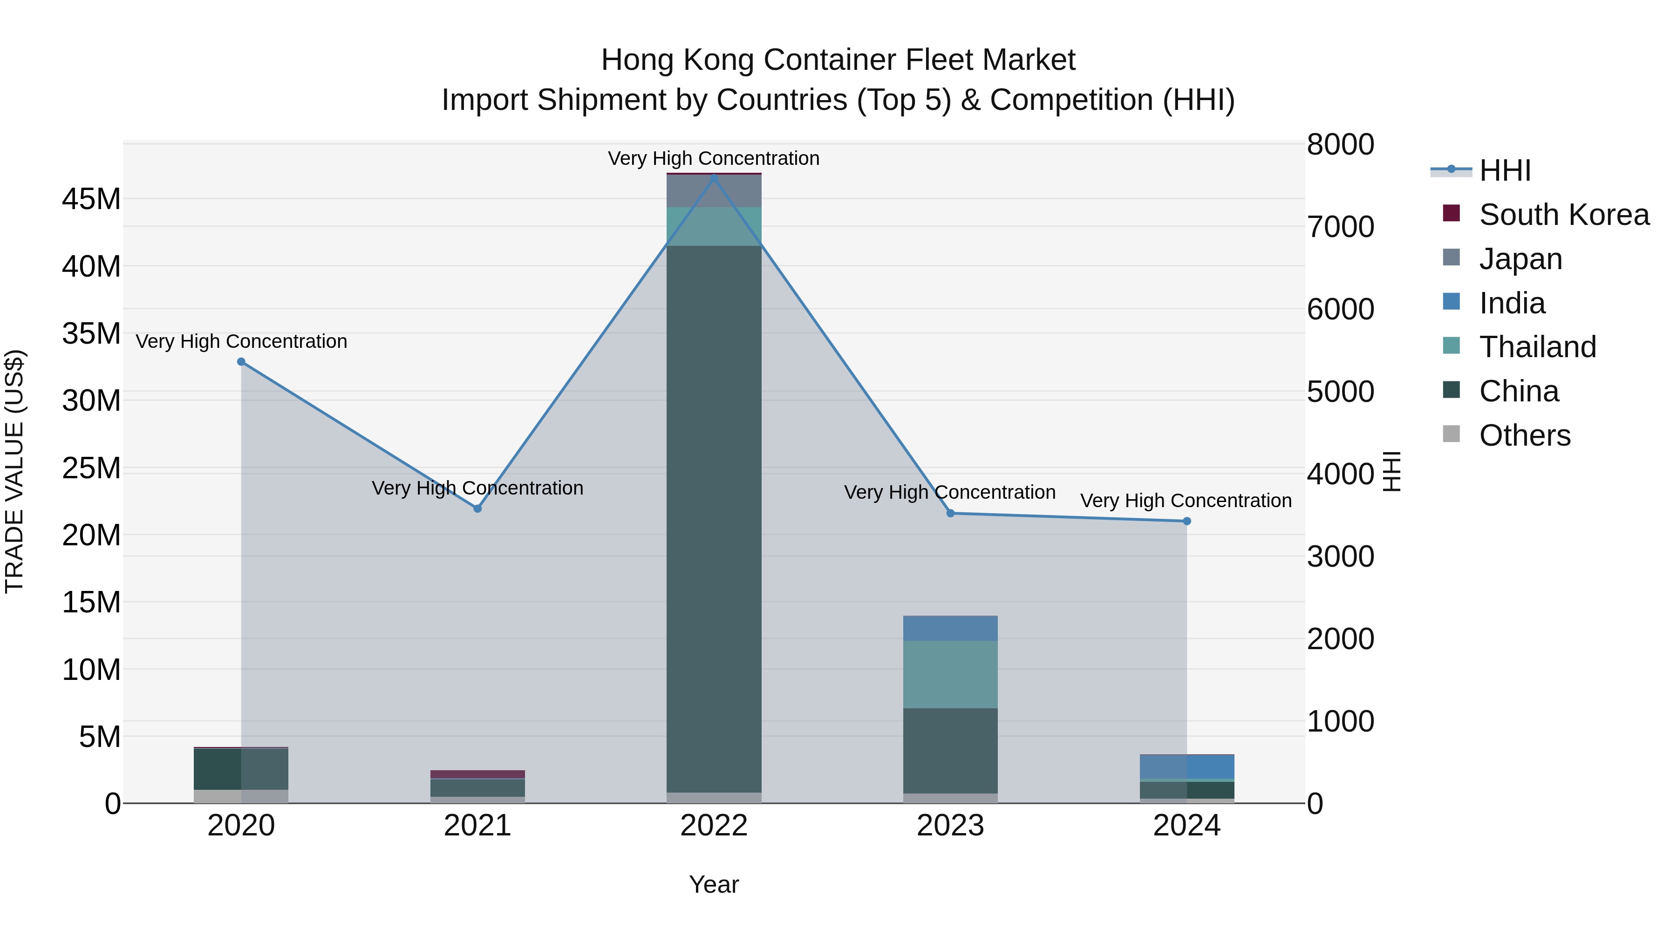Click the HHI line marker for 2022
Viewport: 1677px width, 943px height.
[714, 177]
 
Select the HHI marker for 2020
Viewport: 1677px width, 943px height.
[241, 362]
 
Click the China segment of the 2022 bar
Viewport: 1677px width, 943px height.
[714, 521]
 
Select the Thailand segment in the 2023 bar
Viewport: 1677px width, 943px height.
[950, 674]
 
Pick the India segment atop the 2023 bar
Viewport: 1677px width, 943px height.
[950, 628]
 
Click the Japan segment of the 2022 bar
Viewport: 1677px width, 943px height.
[714, 191]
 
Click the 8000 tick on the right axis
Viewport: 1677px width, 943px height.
[1340, 144]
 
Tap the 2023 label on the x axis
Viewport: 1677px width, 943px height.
[950, 826]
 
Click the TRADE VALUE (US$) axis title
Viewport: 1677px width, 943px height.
[14, 471]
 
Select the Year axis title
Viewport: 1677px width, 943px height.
[714, 884]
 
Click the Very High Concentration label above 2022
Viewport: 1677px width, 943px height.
[714, 158]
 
